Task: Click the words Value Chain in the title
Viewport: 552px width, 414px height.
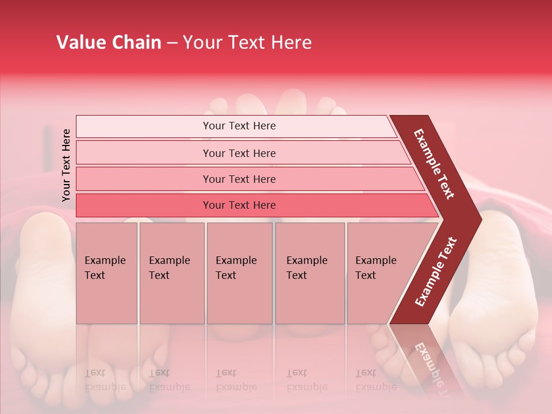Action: point(109,43)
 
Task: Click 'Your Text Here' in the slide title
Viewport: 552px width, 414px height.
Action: point(247,43)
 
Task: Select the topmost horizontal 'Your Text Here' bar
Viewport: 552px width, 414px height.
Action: point(239,126)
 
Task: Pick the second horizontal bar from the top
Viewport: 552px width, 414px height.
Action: point(239,153)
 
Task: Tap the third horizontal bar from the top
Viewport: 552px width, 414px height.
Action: point(239,179)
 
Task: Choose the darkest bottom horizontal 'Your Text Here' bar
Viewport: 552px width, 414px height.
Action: point(239,205)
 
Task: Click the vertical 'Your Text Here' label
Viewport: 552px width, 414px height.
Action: point(66,165)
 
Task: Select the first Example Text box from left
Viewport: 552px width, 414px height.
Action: point(106,273)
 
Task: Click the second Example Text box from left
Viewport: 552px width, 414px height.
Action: point(171,273)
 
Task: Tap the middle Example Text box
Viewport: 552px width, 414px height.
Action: point(239,273)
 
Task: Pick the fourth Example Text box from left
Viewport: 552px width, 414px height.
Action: point(309,273)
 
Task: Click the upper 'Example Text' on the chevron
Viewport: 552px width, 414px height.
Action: point(434,164)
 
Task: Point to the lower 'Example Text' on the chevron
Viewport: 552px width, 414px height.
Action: point(436,272)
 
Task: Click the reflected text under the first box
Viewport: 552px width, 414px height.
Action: point(105,380)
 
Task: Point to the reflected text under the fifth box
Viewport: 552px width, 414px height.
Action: point(376,380)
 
